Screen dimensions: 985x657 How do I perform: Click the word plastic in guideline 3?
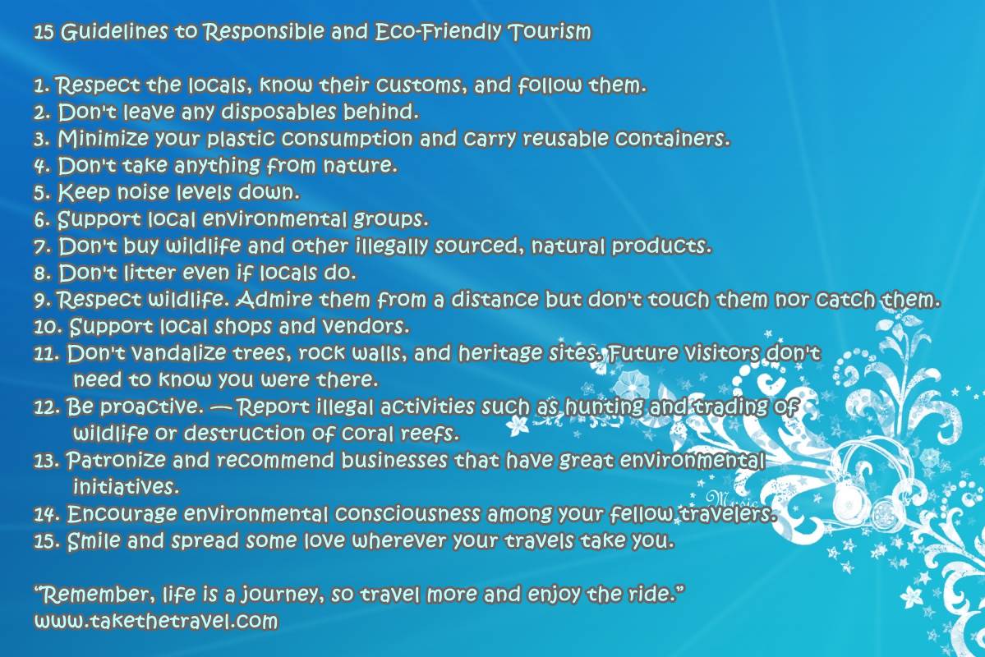point(241,139)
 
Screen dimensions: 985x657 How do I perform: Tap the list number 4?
point(42,166)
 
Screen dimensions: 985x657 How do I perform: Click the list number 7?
point(42,247)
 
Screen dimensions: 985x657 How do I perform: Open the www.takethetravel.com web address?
point(156,622)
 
